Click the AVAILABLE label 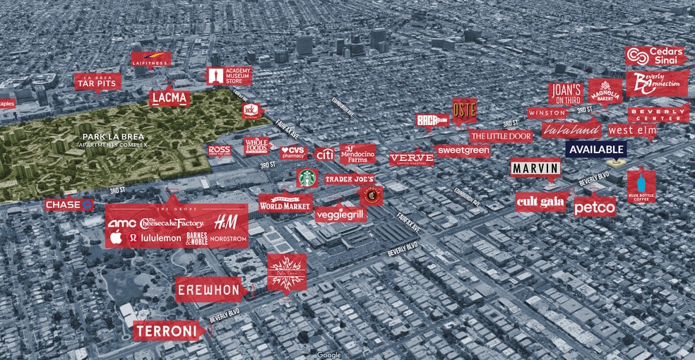(596, 149)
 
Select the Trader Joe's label (348, 180)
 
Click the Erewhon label (209, 290)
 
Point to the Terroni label (170, 330)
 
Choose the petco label (594, 208)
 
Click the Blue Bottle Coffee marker (641, 186)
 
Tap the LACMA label (170, 98)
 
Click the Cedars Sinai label (655, 56)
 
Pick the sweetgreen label (463, 150)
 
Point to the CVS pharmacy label (293, 152)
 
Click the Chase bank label (69, 205)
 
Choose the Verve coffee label (411, 158)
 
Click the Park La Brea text (113, 136)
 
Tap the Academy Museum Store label (228, 76)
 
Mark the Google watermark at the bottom (328, 354)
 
